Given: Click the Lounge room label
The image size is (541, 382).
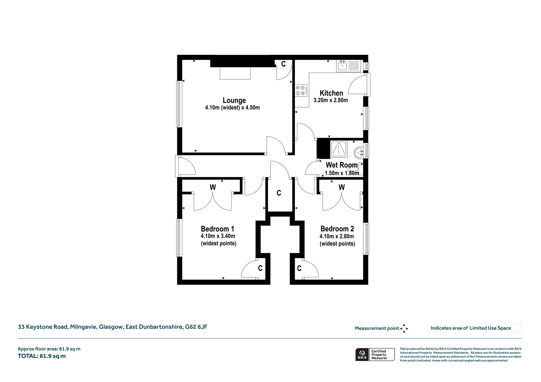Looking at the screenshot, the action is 234,101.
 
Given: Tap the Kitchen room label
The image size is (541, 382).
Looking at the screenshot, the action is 331,93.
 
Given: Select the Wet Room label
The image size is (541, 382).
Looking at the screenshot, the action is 342,165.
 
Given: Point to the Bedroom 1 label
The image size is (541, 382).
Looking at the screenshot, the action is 217,229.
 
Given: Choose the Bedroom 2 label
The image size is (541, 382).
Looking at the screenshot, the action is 337,229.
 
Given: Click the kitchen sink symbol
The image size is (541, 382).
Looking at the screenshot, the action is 348,66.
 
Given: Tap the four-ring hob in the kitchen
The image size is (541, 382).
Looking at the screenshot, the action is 301,90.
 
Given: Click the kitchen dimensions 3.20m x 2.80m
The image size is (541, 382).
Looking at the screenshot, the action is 331,100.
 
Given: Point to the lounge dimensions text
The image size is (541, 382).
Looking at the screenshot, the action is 232,108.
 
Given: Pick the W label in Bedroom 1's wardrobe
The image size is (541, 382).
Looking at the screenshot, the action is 213,187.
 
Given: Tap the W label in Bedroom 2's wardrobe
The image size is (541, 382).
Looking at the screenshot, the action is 342,187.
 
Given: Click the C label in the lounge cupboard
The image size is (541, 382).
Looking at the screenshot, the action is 283,64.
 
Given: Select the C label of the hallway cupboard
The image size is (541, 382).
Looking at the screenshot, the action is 279,193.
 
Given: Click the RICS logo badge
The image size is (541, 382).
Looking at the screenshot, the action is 375,355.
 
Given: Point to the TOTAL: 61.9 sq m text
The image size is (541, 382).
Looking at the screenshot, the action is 42,356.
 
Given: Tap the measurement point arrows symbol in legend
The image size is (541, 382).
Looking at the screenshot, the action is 404,328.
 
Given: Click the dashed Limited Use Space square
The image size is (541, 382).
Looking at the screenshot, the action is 517,328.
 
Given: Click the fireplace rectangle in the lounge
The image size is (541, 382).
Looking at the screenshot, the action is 235,73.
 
